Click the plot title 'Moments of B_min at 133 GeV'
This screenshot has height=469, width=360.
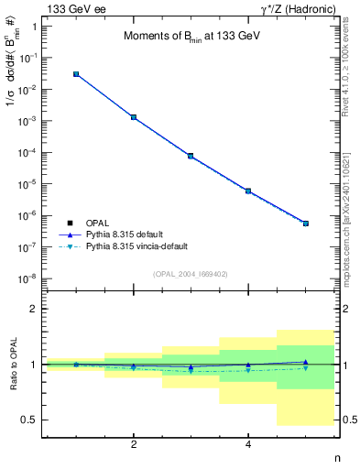coord(191,37)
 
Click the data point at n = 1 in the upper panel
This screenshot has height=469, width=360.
coord(76,74)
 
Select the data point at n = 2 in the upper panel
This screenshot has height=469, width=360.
coord(134,117)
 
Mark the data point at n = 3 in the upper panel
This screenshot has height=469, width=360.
coord(191,156)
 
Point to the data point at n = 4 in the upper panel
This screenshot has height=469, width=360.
coord(248,191)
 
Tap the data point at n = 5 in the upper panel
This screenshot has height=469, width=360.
coord(306,224)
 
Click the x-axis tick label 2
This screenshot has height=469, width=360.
coord(134,444)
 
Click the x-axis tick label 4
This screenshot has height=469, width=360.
coord(248,444)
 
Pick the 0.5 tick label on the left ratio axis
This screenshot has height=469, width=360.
coord(29,420)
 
